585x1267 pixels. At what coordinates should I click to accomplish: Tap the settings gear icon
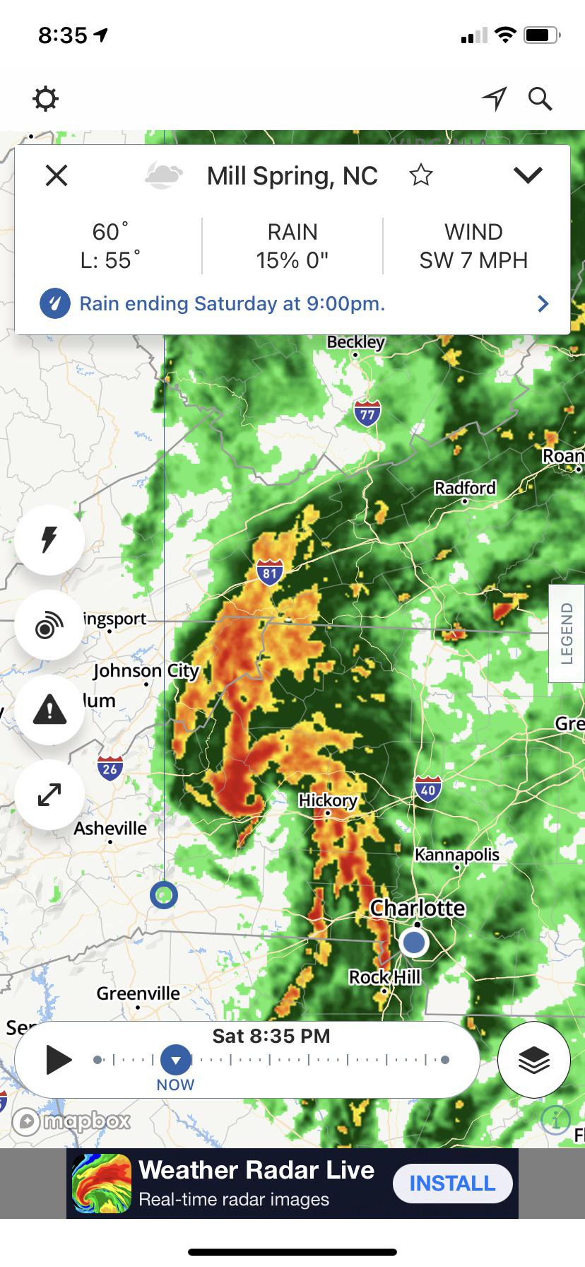45,99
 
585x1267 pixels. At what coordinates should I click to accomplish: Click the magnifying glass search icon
540,99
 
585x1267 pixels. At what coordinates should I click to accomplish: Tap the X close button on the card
57,175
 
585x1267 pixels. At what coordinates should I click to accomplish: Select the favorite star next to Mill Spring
420,175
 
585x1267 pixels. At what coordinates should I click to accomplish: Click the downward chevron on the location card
527,175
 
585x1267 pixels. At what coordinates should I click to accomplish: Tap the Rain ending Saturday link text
232,304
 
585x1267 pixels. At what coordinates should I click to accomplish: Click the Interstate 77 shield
367,413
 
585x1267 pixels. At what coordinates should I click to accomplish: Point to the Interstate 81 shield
269,572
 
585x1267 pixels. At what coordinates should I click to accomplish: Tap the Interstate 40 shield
428,789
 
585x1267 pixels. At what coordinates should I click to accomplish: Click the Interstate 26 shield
110,768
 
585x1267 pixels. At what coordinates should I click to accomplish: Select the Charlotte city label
418,908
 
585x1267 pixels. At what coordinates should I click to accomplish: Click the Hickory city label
327,800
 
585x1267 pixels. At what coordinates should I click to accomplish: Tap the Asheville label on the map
110,829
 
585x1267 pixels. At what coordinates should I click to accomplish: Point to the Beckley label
355,342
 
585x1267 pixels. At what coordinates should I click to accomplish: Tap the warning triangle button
49,708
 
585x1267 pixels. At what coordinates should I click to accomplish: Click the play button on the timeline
59,1060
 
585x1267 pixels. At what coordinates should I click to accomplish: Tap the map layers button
534,1060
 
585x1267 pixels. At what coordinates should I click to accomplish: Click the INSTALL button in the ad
452,1183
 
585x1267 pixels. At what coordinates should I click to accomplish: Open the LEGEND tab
567,633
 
